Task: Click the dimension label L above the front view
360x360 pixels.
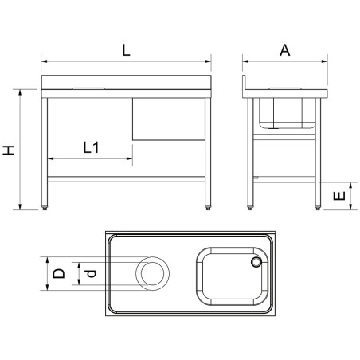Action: [126, 50]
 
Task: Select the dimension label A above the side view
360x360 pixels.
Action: [285, 50]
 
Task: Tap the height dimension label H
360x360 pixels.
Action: [9, 150]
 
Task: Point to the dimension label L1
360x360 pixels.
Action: [91, 147]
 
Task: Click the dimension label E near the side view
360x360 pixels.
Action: [339, 196]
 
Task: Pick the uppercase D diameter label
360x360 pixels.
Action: [59, 273]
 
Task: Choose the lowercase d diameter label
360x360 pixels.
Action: [92, 273]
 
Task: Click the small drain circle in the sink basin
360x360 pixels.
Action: [256, 262]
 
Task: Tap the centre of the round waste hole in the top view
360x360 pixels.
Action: [152, 273]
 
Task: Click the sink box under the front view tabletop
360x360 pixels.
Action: [169, 119]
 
